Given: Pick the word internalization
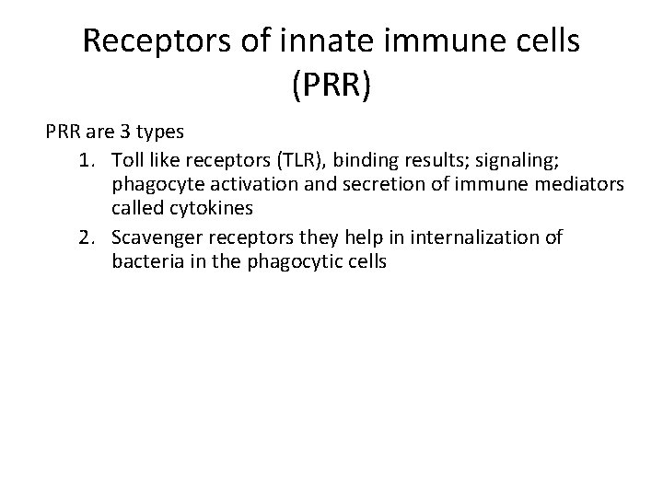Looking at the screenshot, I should [x=467, y=237].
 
